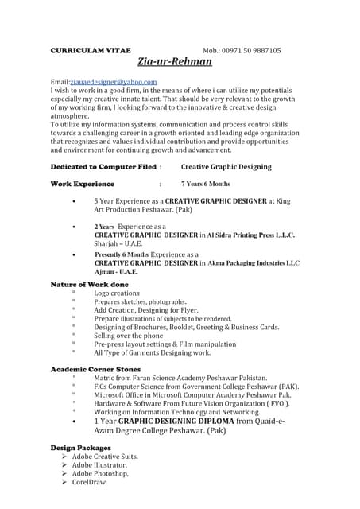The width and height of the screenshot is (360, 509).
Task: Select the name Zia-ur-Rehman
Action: [176, 62]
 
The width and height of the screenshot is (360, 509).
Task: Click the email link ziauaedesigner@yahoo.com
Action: [114, 81]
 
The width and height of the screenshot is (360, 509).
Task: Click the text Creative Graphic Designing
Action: [226, 167]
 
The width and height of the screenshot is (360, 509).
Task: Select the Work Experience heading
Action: [82, 184]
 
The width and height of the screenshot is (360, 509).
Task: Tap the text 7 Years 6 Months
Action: [205, 184]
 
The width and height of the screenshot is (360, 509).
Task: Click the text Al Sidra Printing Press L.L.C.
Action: [251, 235]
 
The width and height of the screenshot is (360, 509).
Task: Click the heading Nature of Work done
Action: [89, 284]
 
